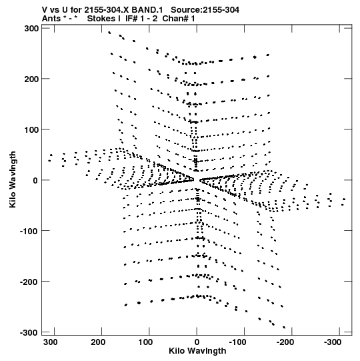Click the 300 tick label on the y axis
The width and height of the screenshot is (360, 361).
31,29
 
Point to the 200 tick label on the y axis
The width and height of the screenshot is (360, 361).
31,79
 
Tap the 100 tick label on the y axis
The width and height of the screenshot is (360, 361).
31,129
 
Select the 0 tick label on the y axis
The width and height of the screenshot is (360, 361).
35,180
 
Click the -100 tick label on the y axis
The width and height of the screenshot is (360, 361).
29,231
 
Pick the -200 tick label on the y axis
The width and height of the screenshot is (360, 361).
29,282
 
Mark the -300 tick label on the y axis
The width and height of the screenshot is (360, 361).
29,333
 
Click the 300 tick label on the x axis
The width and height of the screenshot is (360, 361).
51,342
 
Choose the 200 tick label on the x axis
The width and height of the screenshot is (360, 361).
98,342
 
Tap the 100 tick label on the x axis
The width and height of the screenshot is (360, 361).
145,342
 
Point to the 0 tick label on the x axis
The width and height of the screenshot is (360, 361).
197,342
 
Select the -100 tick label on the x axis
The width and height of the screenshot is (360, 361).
237,342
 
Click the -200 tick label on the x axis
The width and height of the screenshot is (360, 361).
285,342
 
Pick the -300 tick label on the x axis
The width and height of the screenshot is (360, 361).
333,342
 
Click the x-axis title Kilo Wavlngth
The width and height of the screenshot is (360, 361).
197,351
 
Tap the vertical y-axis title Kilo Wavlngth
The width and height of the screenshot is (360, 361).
13,179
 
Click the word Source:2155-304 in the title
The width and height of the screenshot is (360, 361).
205,10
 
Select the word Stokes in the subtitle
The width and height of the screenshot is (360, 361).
104,19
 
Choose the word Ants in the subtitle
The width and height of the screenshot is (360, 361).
51,19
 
